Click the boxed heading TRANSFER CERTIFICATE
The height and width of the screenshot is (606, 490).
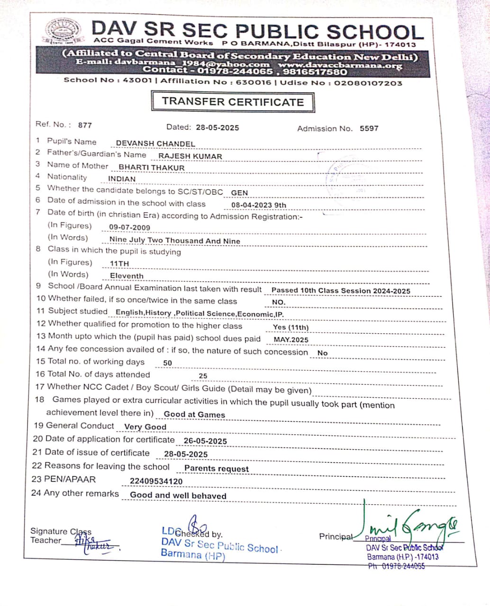(x=233, y=102)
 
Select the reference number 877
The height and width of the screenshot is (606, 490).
(x=85, y=125)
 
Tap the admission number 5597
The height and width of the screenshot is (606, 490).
(x=369, y=128)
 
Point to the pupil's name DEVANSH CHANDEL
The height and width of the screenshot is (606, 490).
(x=155, y=143)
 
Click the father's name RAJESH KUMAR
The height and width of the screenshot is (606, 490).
(x=190, y=156)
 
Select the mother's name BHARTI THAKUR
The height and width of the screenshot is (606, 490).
(x=152, y=168)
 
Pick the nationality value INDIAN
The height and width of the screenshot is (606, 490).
(x=122, y=179)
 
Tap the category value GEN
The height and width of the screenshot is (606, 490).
(x=239, y=193)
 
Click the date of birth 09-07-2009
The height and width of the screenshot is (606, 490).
(x=129, y=227)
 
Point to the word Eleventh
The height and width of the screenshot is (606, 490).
(x=127, y=276)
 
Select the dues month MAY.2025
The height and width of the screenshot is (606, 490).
(x=291, y=340)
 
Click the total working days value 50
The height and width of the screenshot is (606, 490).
(x=168, y=363)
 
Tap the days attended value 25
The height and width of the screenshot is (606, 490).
(x=203, y=376)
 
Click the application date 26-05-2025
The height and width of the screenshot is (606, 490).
(x=205, y=441)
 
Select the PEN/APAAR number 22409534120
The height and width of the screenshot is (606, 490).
(x=156, y=481)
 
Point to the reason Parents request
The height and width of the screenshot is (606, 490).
(x=217, y=469)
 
